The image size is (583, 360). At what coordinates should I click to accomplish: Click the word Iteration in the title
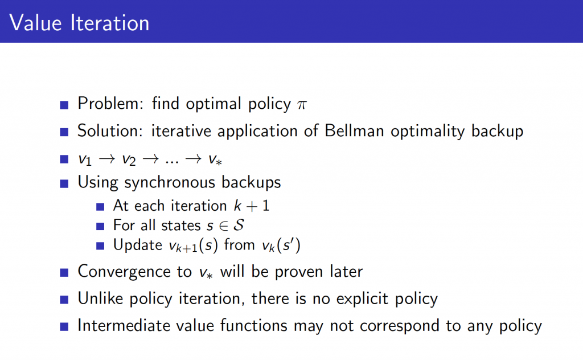point(110,23)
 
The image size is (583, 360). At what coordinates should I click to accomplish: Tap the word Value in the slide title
point(35,23)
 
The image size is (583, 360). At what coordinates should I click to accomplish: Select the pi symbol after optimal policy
point(302,105)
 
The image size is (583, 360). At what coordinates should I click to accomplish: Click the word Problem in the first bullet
point(110,104)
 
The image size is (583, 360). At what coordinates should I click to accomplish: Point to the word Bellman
point(354,131)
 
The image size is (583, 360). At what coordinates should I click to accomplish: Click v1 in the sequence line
point(85,159)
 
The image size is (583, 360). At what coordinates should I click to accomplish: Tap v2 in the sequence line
point(129,159)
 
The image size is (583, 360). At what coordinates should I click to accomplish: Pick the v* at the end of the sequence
point(215,159)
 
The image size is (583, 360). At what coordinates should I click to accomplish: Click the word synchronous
point(169,183)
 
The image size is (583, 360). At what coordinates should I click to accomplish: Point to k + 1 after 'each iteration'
point(251,206)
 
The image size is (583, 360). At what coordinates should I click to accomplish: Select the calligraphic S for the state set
point(239,225)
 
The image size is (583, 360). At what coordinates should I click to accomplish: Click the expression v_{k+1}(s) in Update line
point(194,246)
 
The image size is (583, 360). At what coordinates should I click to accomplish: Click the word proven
point(298,272)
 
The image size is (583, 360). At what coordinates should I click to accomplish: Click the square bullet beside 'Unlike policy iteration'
point(64,300)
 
